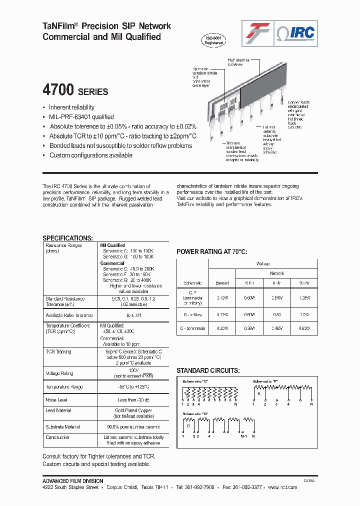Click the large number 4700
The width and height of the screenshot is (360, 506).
click(58, 90)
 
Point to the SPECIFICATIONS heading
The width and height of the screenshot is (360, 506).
click(67, 238)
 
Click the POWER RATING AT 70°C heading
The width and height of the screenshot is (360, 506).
click(211, 251)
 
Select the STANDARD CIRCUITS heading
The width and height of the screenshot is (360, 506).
click(207, 370)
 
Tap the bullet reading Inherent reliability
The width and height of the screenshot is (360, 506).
click(71, 107)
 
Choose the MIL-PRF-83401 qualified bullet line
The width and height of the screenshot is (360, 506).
click(81, 117)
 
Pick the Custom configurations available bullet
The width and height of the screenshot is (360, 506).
click(90, 155)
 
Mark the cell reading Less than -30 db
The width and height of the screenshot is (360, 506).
click(133, 400)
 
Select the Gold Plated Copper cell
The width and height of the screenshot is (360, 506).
click(133, 410)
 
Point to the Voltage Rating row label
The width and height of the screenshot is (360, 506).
click(59, 373)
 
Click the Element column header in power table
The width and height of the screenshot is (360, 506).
click(222, 283)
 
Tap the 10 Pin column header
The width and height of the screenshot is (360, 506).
click(303, 283)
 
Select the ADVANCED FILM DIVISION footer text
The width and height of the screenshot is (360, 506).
click(73, 481)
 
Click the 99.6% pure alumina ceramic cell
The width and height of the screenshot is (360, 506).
click(133, 427)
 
